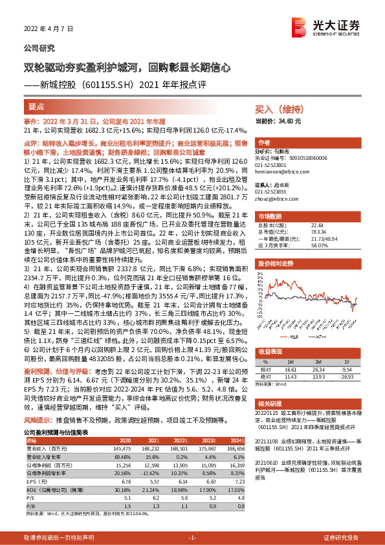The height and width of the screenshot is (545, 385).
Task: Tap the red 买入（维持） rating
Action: pyautogui.click(x=275, y=110)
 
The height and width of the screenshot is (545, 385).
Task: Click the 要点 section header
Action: pyautogui.click(x=37, y=106)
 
